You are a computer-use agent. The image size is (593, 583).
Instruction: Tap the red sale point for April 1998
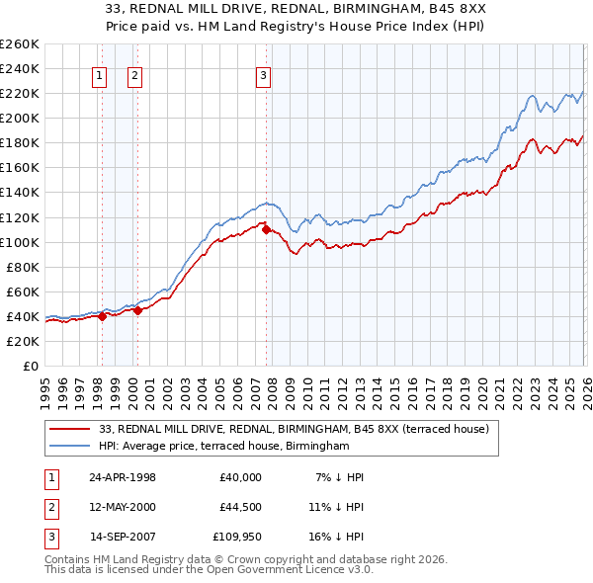point(102,317)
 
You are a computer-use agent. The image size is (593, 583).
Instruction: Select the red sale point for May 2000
point(137,310)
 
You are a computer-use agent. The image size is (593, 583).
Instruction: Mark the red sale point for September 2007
point(266,229)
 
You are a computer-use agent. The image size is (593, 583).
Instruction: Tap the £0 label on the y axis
point(29,366)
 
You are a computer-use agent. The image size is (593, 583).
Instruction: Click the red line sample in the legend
point(70,429)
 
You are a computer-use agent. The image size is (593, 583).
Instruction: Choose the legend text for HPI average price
point(224,447)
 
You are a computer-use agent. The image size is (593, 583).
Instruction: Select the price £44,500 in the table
point(237,507)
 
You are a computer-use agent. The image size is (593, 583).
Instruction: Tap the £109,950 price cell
point(234,537)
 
